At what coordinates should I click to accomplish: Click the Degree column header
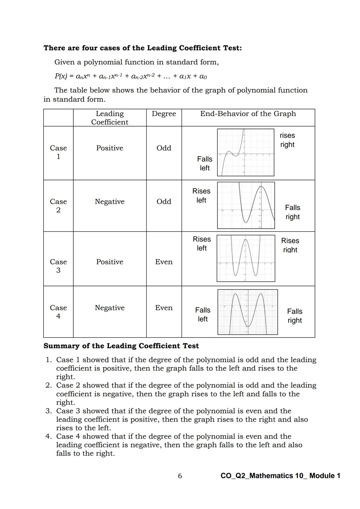pos(164,114)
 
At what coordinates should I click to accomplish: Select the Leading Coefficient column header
pos(110,118)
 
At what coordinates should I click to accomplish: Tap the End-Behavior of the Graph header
pos(248,114)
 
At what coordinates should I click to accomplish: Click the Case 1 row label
pos(58,152)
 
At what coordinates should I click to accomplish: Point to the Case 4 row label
pos(58,312)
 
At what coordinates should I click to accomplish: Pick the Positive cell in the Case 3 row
pos(110,262)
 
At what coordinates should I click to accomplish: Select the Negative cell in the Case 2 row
pos(110,201)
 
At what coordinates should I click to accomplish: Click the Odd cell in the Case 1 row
pos(164,148)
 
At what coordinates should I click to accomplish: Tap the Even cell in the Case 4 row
pos(164,308)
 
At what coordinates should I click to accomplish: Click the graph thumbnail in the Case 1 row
pos(246,152)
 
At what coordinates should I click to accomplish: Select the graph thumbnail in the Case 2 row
pos(246,205)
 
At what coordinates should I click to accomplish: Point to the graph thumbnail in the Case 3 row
pos(246,258)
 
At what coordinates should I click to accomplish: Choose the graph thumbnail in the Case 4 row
pos(248,312)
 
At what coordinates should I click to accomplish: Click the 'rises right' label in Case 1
pos(287,140)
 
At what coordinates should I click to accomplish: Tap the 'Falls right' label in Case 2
pos(292,212)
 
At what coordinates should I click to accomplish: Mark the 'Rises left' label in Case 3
pos(202,244)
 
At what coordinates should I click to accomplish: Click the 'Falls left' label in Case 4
pos(203,314)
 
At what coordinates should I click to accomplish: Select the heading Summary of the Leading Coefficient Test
pos(121,346)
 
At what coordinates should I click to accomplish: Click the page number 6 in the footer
pos(180,476)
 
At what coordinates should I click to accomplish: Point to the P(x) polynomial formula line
pos(131,76)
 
